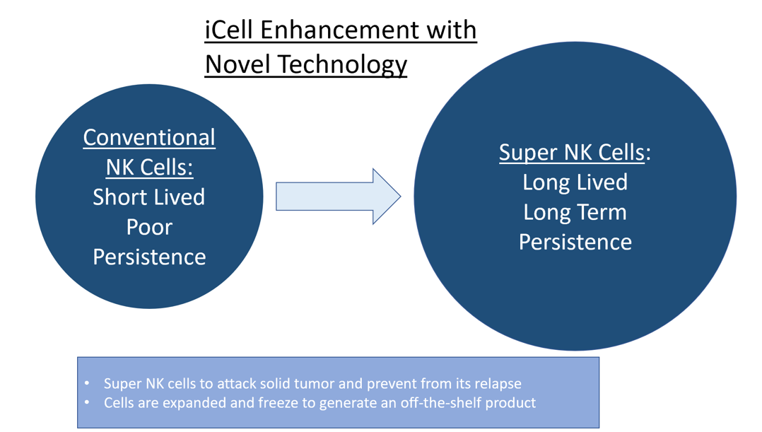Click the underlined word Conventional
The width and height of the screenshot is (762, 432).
tap(149, 137)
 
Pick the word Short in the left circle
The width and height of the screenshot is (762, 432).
tap(119, 197)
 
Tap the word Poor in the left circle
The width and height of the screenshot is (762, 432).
tap(149, 227)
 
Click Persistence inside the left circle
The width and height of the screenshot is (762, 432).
tap(149, 257)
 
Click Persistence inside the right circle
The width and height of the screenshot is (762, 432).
tap(575, 242)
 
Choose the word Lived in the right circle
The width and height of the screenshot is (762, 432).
tap(602, 182)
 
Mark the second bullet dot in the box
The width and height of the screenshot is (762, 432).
tap(87, 403)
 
